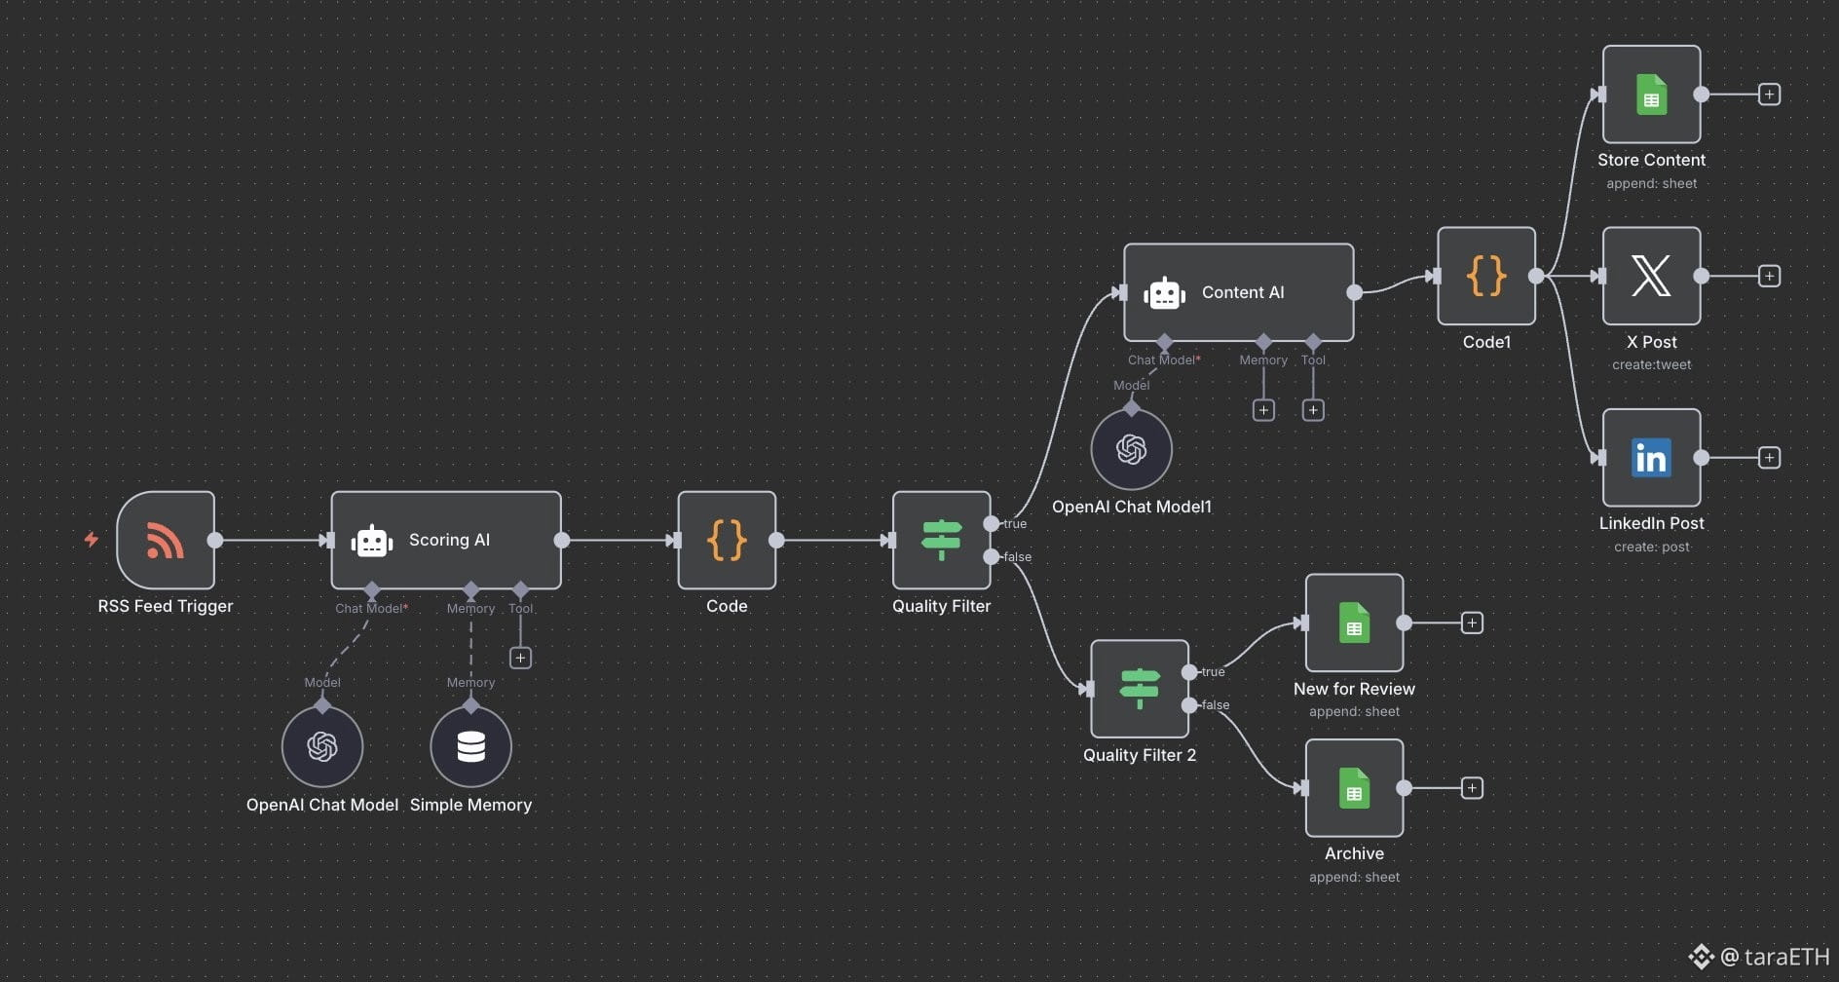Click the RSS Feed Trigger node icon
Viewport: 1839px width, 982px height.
pyautogui.click(x=166, y=540)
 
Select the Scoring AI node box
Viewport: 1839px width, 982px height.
pyautogui.click(x=446, y=540)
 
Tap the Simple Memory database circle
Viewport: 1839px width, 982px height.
pyautogui.click(x=470, y=746)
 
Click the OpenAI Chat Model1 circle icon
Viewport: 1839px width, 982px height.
pyautogui.click(x=1131, y=449)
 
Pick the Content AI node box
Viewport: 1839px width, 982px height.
pyautogui.click(x=1239, y=292)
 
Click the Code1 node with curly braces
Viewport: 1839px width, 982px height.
pyautogui.click(x=1486, y=276)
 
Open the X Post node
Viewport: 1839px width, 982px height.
pyautogui.click(x=1652, y=276)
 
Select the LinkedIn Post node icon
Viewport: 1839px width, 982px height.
pyautogui.click(x=1652, y=458)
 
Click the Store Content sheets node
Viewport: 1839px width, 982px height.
pyautogui.click(x=1652, y=94)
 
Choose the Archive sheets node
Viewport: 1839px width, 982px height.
pyautogui.click(x=1355, y=788)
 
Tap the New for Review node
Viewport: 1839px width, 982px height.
pyautogui.click(x=1355, y=623)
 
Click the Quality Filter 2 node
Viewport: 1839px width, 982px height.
pyautogui.click(x=1140, y=689)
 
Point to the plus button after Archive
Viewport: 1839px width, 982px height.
pyautogui.click(x=1472, y=788)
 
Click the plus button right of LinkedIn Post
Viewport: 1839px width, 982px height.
pyautogui.click(x=1769, y=458)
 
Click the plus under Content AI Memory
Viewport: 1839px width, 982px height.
pyautogui.click(x=1263, y=410)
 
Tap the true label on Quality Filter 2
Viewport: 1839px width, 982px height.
pyautogui.click(x=1213, y=672)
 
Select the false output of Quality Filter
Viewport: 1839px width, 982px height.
pyautogui.click(x=992, y=557)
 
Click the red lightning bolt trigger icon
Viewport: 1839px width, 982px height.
pyautogui.click(x=92, y=539)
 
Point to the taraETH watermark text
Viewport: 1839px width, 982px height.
pyautogui.click(x=1787, y=957)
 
